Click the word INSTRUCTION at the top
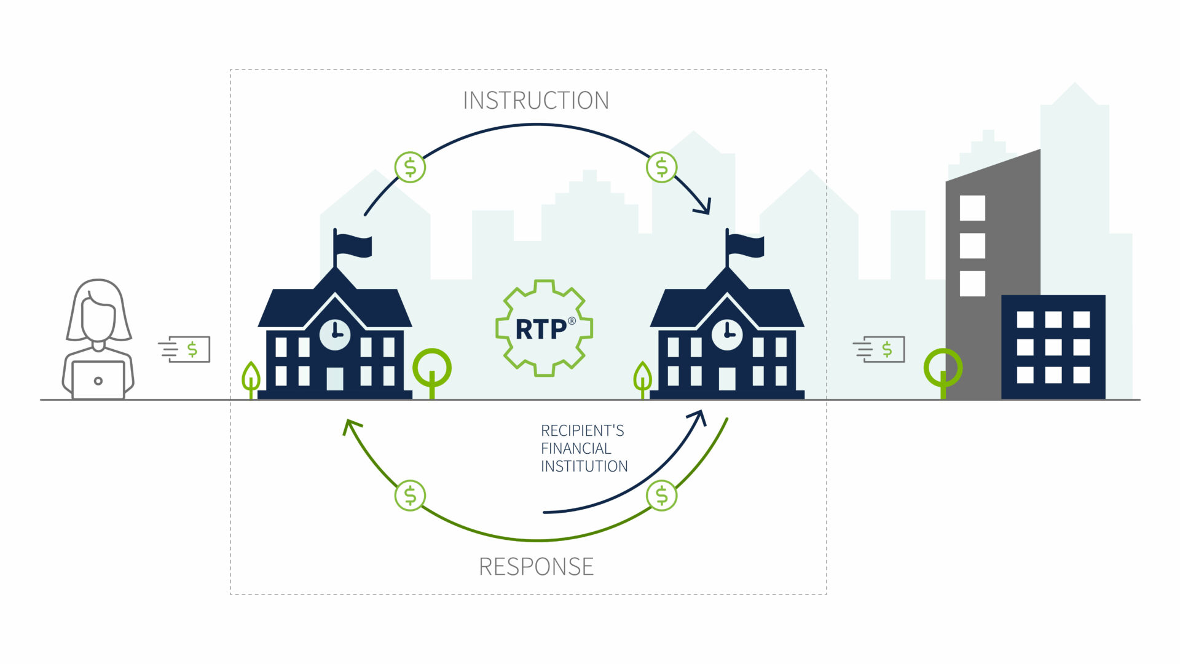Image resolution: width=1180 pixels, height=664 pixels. (x=535, y=101)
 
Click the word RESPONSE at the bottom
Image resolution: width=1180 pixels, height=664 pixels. (x=536, y=566)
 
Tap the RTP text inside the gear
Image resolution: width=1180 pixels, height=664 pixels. (x=541, y=330)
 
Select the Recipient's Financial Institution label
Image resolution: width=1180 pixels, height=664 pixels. (x=583, y=448)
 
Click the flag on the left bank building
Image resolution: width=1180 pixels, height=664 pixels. (x=353, y=245)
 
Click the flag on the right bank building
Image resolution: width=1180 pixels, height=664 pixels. (x=745, y=245)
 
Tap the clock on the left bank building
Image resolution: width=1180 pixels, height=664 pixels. (x=335, y=335)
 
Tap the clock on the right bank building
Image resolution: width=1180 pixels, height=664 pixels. (x=727, y=335)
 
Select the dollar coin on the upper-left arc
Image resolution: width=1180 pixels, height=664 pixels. (x=410, y=167)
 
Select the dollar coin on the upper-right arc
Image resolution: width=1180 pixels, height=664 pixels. (x=662, y=167)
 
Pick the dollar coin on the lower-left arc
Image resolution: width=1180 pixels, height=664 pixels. (x=410, y=496)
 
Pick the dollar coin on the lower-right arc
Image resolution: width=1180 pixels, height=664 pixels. (x=662, y=496)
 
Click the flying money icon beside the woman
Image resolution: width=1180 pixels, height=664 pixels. (x=186, y=349)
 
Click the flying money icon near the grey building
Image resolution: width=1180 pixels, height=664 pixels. (x=881, y=349)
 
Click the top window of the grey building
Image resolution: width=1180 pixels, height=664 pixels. (x=972, y=208)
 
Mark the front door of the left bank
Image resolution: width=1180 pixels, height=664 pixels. (x=335, y=379)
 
